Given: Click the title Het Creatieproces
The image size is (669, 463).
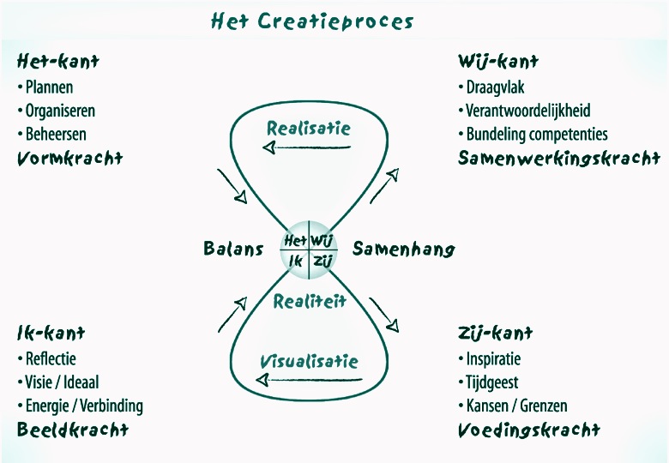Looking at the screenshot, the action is pyautogui.click(x=312, y=21).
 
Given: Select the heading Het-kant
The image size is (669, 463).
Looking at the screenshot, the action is pyautogui.click(x=58, y=62).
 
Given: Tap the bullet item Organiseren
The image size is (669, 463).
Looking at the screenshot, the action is pyautogui.click(x=57, y=111).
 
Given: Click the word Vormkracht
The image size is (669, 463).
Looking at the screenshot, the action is pyautogui.click(x=70, y=158).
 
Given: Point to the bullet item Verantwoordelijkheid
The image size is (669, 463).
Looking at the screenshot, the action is pyautogui.click(x=524, y=111).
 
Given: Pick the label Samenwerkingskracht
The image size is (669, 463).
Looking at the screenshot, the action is pyautogui.click(x=559, y=158).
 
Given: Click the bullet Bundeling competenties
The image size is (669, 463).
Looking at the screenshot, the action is pyautogui.click(x=533, y=135).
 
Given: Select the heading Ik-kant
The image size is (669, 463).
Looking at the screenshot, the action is pyautogui.click(x=51, y=333).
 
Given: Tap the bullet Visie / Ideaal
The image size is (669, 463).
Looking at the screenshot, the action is pyautogui.click(x=58, y=382).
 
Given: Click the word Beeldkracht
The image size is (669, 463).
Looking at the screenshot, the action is pyautogui.click(x=73, y=430).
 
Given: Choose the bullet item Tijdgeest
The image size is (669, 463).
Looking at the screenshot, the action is pyautogui.click(x=489, y=382).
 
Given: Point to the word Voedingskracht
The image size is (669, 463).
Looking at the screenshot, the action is pyautogui.click(x=529, y=430).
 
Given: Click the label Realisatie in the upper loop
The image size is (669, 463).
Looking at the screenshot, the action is pyautogui.click(x=309, y=129).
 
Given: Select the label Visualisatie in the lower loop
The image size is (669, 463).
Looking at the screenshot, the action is pyautogui.click(x=309, y=362).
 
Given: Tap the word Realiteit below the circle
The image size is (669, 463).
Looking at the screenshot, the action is pyautogui.click(x=310, y=302).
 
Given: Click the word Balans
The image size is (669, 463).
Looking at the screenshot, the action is pyautogui.click(x=233, y=249).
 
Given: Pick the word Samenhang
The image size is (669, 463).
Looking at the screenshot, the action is pyautogui.click(x=404, y=249).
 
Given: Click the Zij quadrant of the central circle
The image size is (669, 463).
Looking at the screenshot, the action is pyautogui.click(x=322, y=261).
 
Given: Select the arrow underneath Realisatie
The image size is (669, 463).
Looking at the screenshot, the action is pyautogui.click(x=306, y=147).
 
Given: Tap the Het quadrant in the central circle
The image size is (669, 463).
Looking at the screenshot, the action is pyautogui.click(x=295, y=240).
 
